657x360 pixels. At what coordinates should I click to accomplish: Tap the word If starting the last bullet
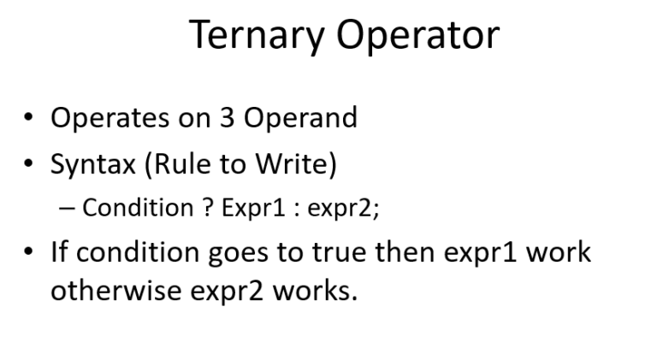pos(58,252)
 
